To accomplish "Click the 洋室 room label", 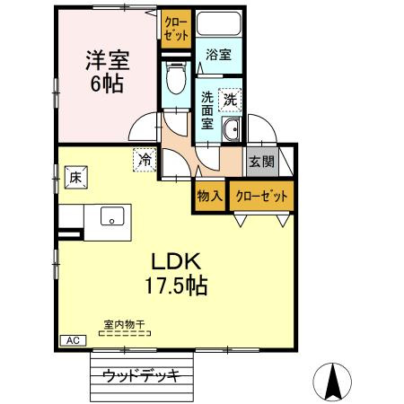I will (108, 61).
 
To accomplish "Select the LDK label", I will (178, 262).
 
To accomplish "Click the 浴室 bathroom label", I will (218, 55).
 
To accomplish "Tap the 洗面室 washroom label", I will (207, 110).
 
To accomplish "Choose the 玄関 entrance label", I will (260, 162).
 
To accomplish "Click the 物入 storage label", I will (208, 195).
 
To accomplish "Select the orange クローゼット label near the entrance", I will (260, 195).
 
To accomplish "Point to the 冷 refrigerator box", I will (144, 160).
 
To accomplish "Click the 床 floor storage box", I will (75, 177).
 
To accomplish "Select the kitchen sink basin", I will (112, 216).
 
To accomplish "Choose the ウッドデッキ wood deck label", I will (141, 374).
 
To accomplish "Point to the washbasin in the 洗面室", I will (233, 129).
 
